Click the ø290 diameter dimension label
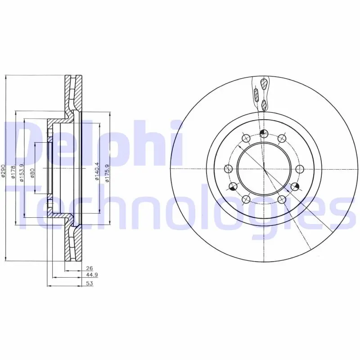tap(3, 171)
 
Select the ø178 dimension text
tap(13, 171)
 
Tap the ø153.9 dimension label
tap(22, 173)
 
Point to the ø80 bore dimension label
tap(32, 173)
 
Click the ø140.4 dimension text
tap(97, 171)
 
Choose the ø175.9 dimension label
tap(107, 173)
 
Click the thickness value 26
tap(89, 268)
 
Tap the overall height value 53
tap(89, 283)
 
